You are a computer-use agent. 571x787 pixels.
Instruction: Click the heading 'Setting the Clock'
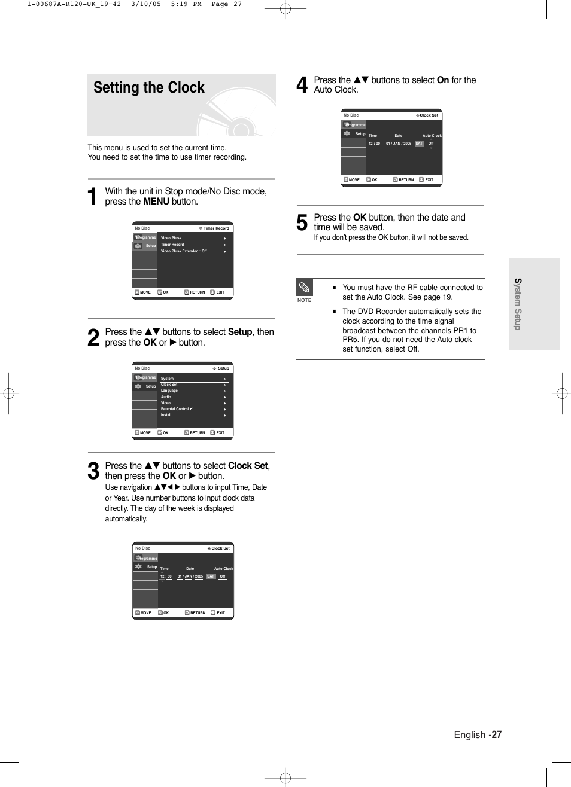149,88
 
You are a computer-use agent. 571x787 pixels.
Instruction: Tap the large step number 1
92,197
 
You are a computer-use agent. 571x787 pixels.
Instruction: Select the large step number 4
302,85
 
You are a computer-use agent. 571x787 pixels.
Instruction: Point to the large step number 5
302,223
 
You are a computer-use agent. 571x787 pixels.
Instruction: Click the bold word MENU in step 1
156,202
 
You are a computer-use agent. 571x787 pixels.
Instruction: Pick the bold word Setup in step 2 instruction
240,332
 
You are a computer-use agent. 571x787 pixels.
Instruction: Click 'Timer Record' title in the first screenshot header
216,228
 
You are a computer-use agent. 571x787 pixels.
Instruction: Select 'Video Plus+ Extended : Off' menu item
184,251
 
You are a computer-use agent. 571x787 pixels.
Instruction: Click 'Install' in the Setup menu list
166,415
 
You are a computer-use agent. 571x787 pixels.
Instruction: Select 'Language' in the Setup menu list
169,391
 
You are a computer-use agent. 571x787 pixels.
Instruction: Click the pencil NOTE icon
304,288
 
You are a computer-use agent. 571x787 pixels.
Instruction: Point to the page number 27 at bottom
497,734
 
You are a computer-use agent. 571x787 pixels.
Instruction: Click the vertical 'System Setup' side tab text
518,304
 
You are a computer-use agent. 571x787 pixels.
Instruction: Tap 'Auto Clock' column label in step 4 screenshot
432,136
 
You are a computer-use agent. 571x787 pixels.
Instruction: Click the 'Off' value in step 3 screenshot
222,576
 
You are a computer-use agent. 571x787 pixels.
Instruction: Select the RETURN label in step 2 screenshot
197,433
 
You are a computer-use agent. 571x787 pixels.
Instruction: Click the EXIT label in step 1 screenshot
220,292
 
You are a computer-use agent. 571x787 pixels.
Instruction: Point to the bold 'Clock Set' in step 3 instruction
248,466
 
